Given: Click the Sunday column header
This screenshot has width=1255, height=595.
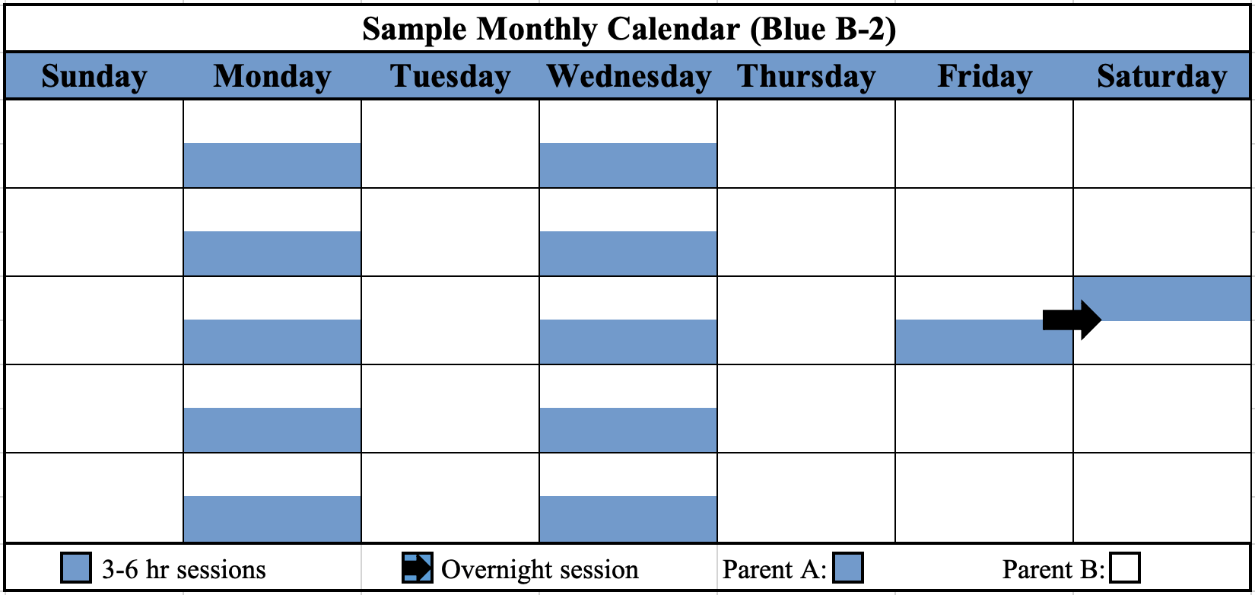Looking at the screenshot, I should (x=94, y=77).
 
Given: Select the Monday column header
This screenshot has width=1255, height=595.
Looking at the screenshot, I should (x=272, y=77).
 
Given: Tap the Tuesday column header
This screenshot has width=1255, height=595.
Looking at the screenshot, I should (x=450, y=77).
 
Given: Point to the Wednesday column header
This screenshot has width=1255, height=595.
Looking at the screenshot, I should (x=628, y=77).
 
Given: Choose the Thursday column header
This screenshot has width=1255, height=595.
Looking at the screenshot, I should (x=806, y=77).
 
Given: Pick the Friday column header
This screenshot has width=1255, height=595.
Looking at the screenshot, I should (x=984, y=77).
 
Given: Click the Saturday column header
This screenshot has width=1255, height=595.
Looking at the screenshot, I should (x=1161, y=77).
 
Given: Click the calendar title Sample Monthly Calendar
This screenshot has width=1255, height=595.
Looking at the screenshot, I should (x=628, y=29).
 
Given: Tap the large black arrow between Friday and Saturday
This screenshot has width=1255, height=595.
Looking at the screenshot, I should (x=1072, y=320).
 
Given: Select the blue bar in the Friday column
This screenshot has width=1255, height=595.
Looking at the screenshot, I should (x=974, y=342).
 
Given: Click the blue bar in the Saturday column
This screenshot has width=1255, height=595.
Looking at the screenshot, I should (x=1171, y=298).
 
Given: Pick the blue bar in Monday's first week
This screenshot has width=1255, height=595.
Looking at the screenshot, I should (x=272, y=165).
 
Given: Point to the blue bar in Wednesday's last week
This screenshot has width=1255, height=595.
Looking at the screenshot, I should (x=628, y=518).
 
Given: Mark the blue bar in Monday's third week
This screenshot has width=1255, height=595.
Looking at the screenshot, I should (x=272, y=342).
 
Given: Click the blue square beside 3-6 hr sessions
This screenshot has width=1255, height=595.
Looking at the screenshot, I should (x=76, y=568).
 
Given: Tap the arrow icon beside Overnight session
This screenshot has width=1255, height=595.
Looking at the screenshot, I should (x=417, y=568).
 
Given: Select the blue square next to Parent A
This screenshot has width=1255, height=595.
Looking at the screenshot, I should (x=848, y=568).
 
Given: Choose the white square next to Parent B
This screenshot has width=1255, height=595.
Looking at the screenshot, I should (x=1125, y=568).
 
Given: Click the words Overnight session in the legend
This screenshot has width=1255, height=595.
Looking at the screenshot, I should (x=539, y=569).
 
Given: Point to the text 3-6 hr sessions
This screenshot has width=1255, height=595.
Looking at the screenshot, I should (x=183, y=569).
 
